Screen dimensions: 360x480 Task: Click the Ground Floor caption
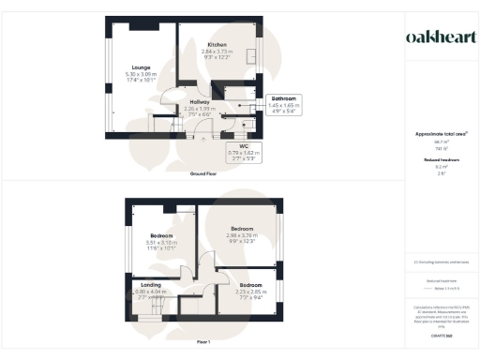point(204,173)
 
